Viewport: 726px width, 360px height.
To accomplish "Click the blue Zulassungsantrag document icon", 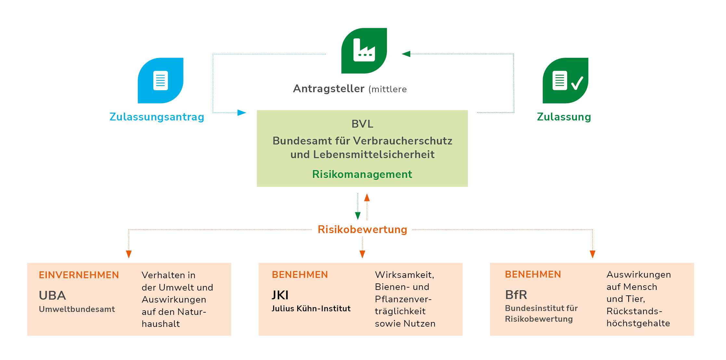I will point(160,81).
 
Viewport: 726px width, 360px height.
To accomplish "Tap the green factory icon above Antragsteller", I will point(364,51).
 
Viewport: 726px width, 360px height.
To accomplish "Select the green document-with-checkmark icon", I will point(566,81).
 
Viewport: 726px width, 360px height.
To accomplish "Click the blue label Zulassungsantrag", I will point(157,117).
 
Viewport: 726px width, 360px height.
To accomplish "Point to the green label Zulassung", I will point(564,117).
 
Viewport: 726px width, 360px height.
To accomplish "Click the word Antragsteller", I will point(329,89).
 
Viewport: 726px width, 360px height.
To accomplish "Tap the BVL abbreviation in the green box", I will point(362,124).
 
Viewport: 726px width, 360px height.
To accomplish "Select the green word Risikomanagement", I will point(362,174).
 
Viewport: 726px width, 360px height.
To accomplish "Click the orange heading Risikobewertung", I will point(362,230).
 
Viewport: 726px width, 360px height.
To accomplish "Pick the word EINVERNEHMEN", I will point(79,275).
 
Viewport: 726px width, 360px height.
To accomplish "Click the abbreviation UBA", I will point(52,295).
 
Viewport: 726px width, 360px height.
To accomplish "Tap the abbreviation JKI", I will point(280,295).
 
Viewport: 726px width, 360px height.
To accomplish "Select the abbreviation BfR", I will point(516,295).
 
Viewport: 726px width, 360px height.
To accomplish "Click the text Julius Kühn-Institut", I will point(311,309).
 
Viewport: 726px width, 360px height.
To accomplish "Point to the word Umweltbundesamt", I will point(77,309).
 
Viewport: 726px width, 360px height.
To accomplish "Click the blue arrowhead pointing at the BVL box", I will point(242,113).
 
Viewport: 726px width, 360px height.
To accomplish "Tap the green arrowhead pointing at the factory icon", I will point(406,54).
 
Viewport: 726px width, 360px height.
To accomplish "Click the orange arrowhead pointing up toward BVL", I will point(367,197).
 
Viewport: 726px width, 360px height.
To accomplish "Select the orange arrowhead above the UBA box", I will point(129,254).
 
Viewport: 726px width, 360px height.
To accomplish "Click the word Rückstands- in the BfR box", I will point(634,311).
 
